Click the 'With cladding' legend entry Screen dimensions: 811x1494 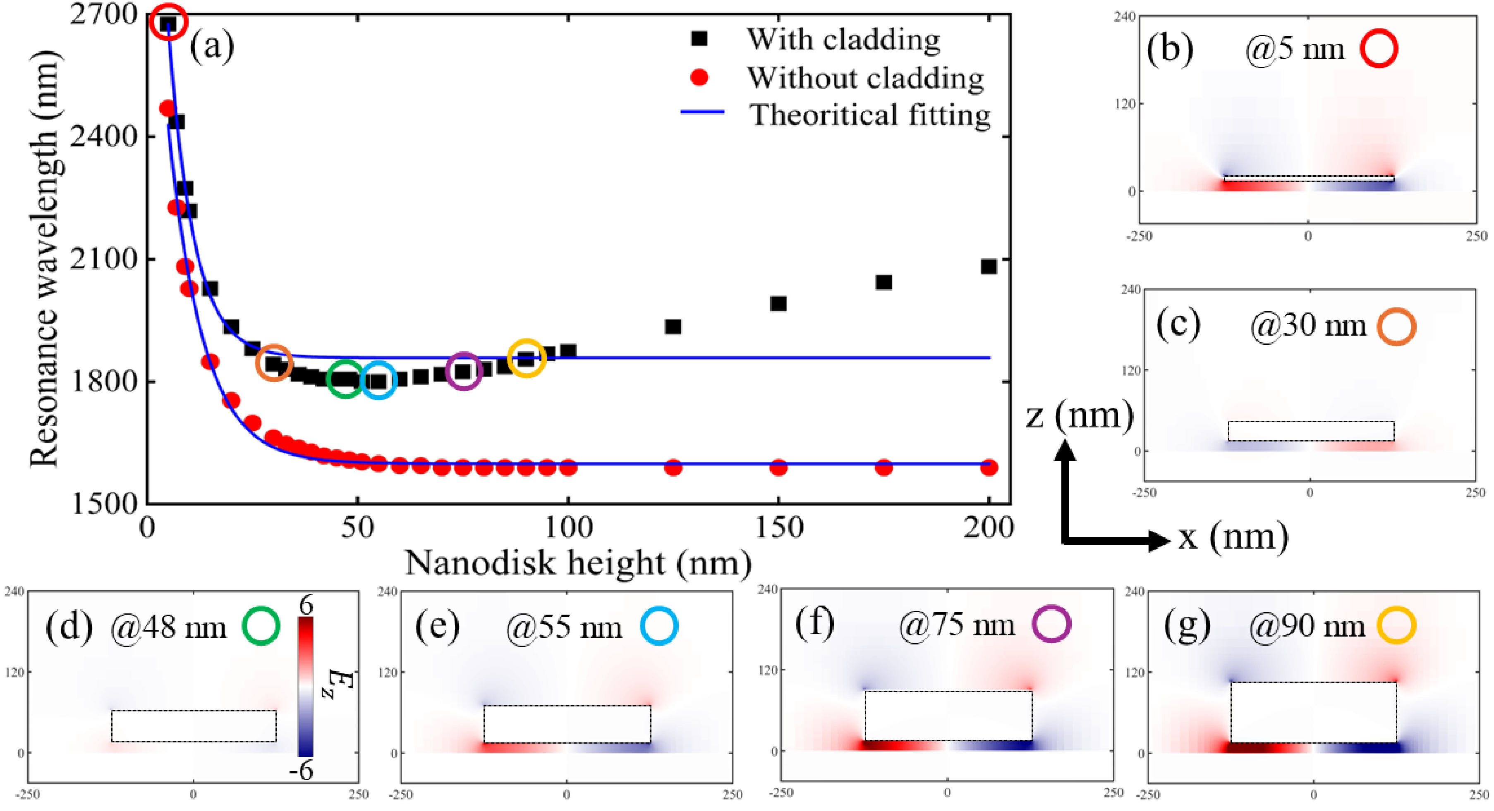(842, 39)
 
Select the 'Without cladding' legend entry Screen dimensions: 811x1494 (864, 78)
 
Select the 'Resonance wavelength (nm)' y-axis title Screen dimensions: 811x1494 (45, 258)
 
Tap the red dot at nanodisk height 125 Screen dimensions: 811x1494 (673, 467)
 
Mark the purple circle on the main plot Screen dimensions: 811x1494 (463, 370)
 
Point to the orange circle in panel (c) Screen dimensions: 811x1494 (1396, 327)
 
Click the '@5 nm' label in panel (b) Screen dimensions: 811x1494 (1295, 49)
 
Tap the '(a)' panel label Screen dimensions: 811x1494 (212, 45)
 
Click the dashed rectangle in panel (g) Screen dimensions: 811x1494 (1313, 713)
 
